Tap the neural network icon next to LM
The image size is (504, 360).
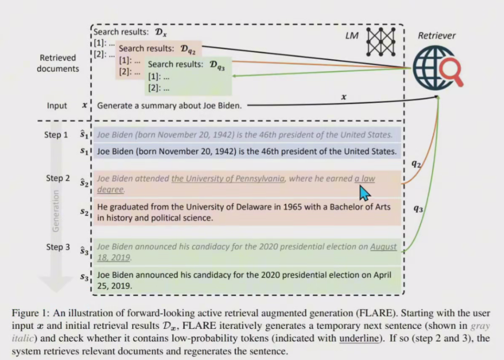tap(381, 41)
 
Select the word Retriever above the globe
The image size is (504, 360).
tap(437, 36)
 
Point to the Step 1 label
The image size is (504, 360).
tap(56, 135)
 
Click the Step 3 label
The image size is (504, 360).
tap(58, 247)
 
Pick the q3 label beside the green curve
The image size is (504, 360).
tap(418, 209)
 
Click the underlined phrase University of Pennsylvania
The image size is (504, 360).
tap(228, 179)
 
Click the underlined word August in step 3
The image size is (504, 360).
tap(383, 247)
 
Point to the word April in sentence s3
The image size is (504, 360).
tap(381, 275)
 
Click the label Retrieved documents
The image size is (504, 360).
tap(58, 63)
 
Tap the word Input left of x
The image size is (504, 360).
tap(57, 106)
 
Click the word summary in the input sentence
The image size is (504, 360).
tap(145, 106)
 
